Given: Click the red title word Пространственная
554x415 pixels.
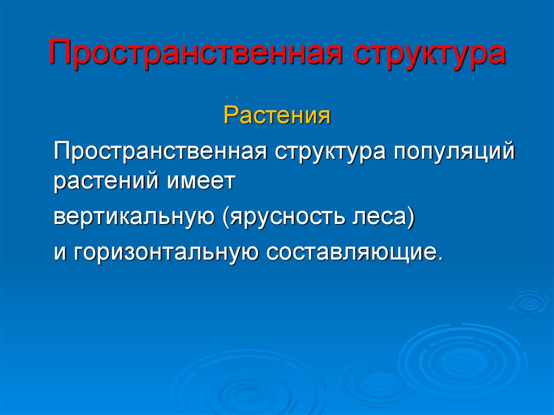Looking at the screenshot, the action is click(196, 52).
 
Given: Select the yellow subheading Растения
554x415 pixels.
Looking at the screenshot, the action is click(277, 115).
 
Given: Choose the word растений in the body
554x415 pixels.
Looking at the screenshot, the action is click(107, 181).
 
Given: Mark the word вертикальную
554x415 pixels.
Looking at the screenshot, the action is click(134, 216).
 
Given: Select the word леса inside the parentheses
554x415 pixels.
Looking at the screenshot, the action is click(379, 216).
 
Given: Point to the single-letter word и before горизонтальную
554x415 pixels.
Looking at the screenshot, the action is click(60, 253).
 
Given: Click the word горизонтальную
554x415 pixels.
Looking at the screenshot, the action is click(166, 253).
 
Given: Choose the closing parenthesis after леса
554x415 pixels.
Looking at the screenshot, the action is click(410, 218).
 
